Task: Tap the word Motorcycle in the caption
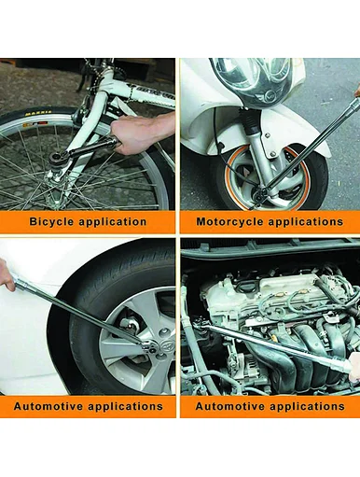coord(229,222)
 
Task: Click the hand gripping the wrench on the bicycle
coord(142,133)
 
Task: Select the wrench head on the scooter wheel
coord(260,194)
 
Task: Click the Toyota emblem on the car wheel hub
coord(166,344)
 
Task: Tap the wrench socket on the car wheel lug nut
coord(149,347)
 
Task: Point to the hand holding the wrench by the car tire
coord(7,274)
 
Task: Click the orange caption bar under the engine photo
coord(270,406)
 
